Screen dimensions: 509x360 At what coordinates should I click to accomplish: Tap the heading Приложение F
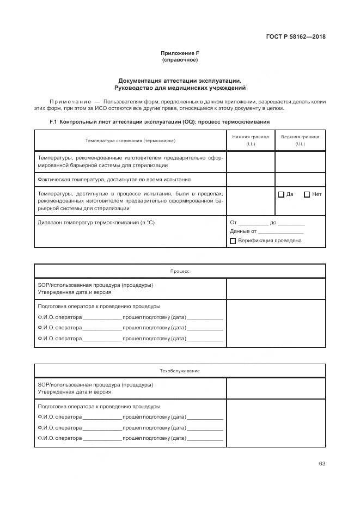point(180,53)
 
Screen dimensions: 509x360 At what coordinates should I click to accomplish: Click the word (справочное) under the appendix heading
point(180,60)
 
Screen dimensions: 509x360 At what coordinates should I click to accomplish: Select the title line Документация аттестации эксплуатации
point(180,80)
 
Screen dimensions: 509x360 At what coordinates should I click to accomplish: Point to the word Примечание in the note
point(70,102)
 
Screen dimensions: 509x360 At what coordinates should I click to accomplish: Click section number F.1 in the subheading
point(53,122)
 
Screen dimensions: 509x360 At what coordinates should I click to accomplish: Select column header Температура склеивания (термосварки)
point(130,140)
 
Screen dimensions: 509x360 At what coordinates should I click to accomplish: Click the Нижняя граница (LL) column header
point(251,140)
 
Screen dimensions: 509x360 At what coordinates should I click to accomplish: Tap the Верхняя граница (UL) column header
point(300,140)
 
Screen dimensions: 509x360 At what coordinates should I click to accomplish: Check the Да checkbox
point(281,194)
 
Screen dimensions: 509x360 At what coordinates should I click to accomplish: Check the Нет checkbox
point(307,194)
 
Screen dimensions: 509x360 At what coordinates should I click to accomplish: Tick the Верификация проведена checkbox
point(233,241)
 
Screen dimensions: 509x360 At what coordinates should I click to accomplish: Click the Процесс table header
point(180,271)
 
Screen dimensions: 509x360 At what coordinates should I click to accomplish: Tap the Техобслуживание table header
point(180,371)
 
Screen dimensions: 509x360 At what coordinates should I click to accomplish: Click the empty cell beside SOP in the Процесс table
point(276,289)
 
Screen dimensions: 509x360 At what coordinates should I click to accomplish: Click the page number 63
point(322,464)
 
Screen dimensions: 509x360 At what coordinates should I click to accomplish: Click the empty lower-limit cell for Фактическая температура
point(251,179)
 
